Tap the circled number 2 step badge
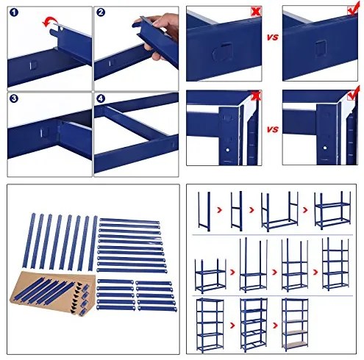(x=101, y=13)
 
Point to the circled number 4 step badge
(x=101, y=98)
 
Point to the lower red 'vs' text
(x=272, y=130)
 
